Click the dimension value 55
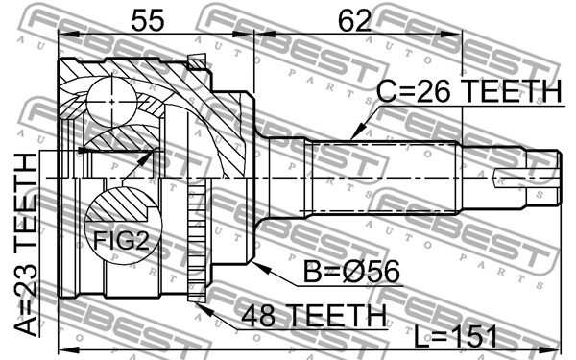[148, 20]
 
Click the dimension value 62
[354, 20]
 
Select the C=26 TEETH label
[469, 91]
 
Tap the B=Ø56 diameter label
[351, 273]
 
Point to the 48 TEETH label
[314, 316]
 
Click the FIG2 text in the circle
[121, 241]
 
